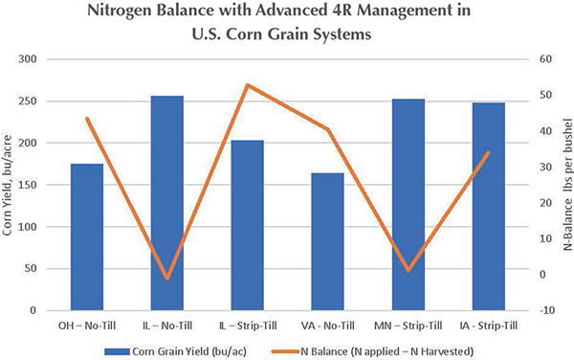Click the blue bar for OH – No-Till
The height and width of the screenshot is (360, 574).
87,236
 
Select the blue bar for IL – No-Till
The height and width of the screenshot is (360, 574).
167,203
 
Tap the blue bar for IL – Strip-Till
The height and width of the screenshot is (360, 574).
248,225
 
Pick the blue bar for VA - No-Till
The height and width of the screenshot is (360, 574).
327,241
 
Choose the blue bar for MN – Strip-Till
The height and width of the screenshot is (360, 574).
408,205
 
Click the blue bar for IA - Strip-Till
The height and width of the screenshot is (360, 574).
488,207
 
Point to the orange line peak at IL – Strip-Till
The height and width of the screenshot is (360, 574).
248,85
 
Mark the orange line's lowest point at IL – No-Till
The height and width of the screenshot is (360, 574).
167,279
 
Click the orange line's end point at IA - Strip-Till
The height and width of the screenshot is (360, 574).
488,152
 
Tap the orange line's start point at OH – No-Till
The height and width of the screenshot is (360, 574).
87,119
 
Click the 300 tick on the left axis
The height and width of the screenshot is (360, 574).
28,59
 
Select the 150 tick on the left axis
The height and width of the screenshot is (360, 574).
28,185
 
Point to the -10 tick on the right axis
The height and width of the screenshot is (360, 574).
547,310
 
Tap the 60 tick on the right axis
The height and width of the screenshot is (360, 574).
545,59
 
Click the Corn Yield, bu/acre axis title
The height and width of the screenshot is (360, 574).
7,186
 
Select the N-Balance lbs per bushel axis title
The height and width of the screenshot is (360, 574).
567,184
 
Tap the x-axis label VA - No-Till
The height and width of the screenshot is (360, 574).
327,326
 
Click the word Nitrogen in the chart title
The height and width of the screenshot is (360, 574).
119,11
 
